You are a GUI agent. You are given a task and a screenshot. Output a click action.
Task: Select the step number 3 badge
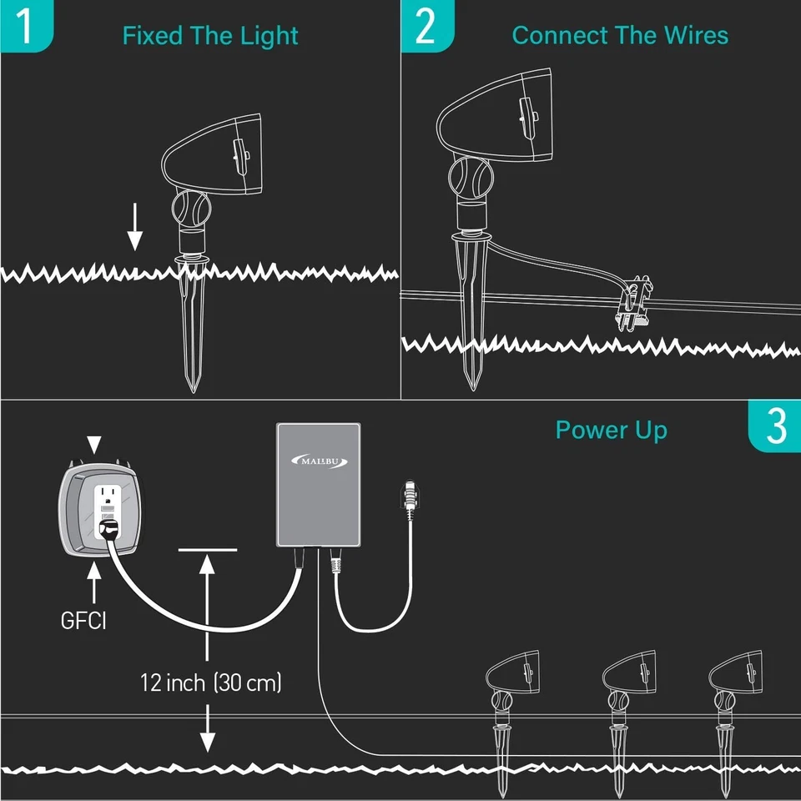click(775, 426)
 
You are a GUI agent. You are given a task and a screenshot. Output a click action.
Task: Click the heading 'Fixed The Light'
click(210, 36)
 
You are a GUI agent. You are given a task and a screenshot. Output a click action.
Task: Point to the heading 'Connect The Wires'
click(620, 35)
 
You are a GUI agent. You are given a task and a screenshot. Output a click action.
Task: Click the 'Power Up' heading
click(611, 430)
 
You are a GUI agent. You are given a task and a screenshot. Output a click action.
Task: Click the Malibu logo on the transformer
click(319, 460)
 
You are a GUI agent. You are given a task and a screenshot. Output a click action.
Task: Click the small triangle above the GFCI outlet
click(95, 443)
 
